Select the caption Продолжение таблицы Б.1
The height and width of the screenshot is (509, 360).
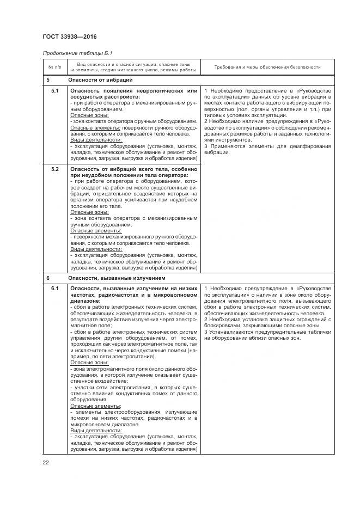click(73, 53)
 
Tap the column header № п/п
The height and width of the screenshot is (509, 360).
click(54, 68)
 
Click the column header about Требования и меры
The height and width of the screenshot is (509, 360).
click(267, 68)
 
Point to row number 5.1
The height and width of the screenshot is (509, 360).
click(54, 90)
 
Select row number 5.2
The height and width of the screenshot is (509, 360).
click(54, 169)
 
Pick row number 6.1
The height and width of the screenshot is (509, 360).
click(54, 288)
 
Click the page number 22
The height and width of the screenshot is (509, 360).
click(46, 462)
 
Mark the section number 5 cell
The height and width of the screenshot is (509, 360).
click(48, 80)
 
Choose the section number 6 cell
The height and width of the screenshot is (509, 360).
click(48, 278)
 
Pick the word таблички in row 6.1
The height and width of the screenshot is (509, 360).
click(319, 332)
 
